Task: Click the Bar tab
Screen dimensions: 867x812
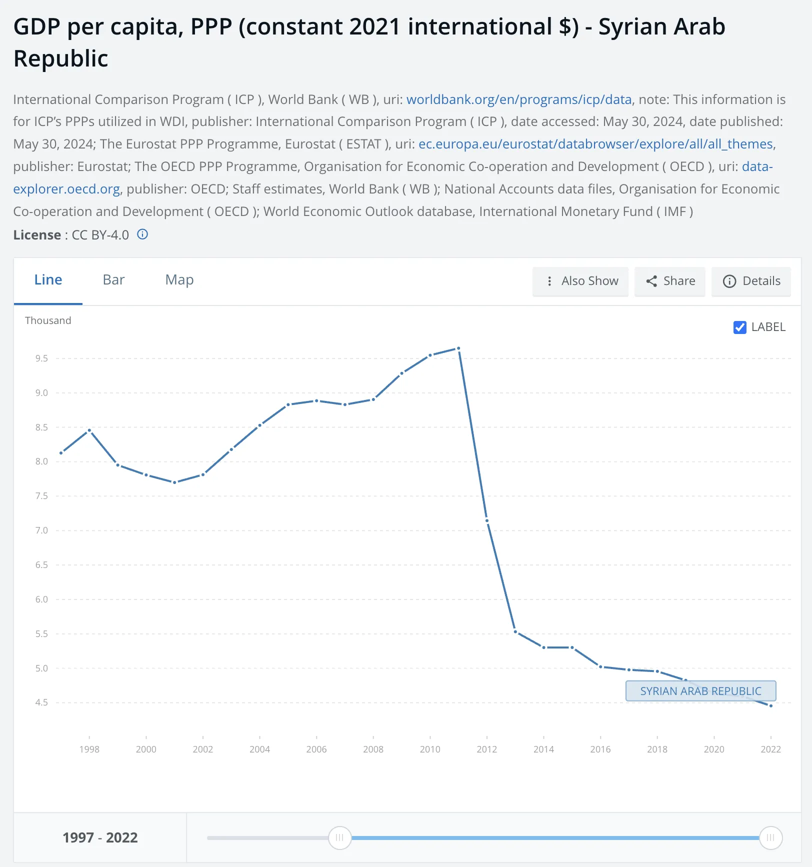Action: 113,280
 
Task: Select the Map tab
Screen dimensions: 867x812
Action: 179,280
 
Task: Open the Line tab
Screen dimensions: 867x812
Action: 48,280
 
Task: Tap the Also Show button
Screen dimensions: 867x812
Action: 580,281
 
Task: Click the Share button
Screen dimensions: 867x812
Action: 670,281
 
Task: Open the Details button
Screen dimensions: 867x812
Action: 751,281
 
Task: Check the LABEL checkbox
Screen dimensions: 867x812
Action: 739,327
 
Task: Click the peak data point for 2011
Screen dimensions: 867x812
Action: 458,348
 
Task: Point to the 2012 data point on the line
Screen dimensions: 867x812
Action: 487,521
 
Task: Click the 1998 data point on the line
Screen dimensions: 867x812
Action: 89,430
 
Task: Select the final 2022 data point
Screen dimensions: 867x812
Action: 771,706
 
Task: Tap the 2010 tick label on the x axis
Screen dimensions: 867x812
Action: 430,749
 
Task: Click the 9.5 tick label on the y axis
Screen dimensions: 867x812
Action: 41,358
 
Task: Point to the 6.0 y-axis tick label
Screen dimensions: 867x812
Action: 41,599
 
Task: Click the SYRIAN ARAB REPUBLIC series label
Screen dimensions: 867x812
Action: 700,691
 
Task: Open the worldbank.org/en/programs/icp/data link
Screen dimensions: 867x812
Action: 519,99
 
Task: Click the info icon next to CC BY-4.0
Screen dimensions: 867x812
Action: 142,234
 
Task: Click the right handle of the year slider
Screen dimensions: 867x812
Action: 770,837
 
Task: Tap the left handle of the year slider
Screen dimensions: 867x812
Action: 339,837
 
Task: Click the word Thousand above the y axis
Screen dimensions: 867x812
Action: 48,320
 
